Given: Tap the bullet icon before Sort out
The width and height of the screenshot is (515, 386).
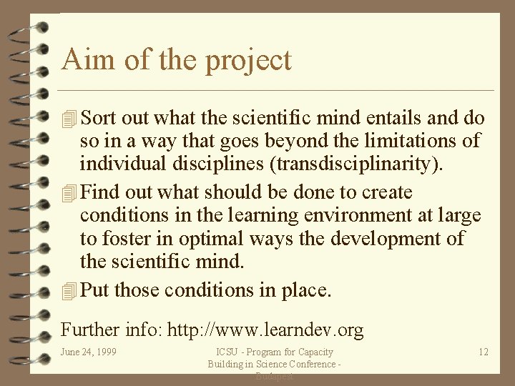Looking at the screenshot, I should tap(69, 119).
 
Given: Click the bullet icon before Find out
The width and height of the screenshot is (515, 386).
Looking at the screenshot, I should tap(69, 193).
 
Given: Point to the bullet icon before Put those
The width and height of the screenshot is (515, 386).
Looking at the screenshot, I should tap(69, 291).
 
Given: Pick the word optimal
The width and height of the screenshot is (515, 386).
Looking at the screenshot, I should tap(207, 238).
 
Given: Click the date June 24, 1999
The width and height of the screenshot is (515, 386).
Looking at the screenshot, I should tap(89, 352).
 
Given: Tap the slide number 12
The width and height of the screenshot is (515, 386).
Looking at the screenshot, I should tap(483, 352).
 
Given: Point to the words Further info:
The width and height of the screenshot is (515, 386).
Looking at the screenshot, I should tap(112, 330).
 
